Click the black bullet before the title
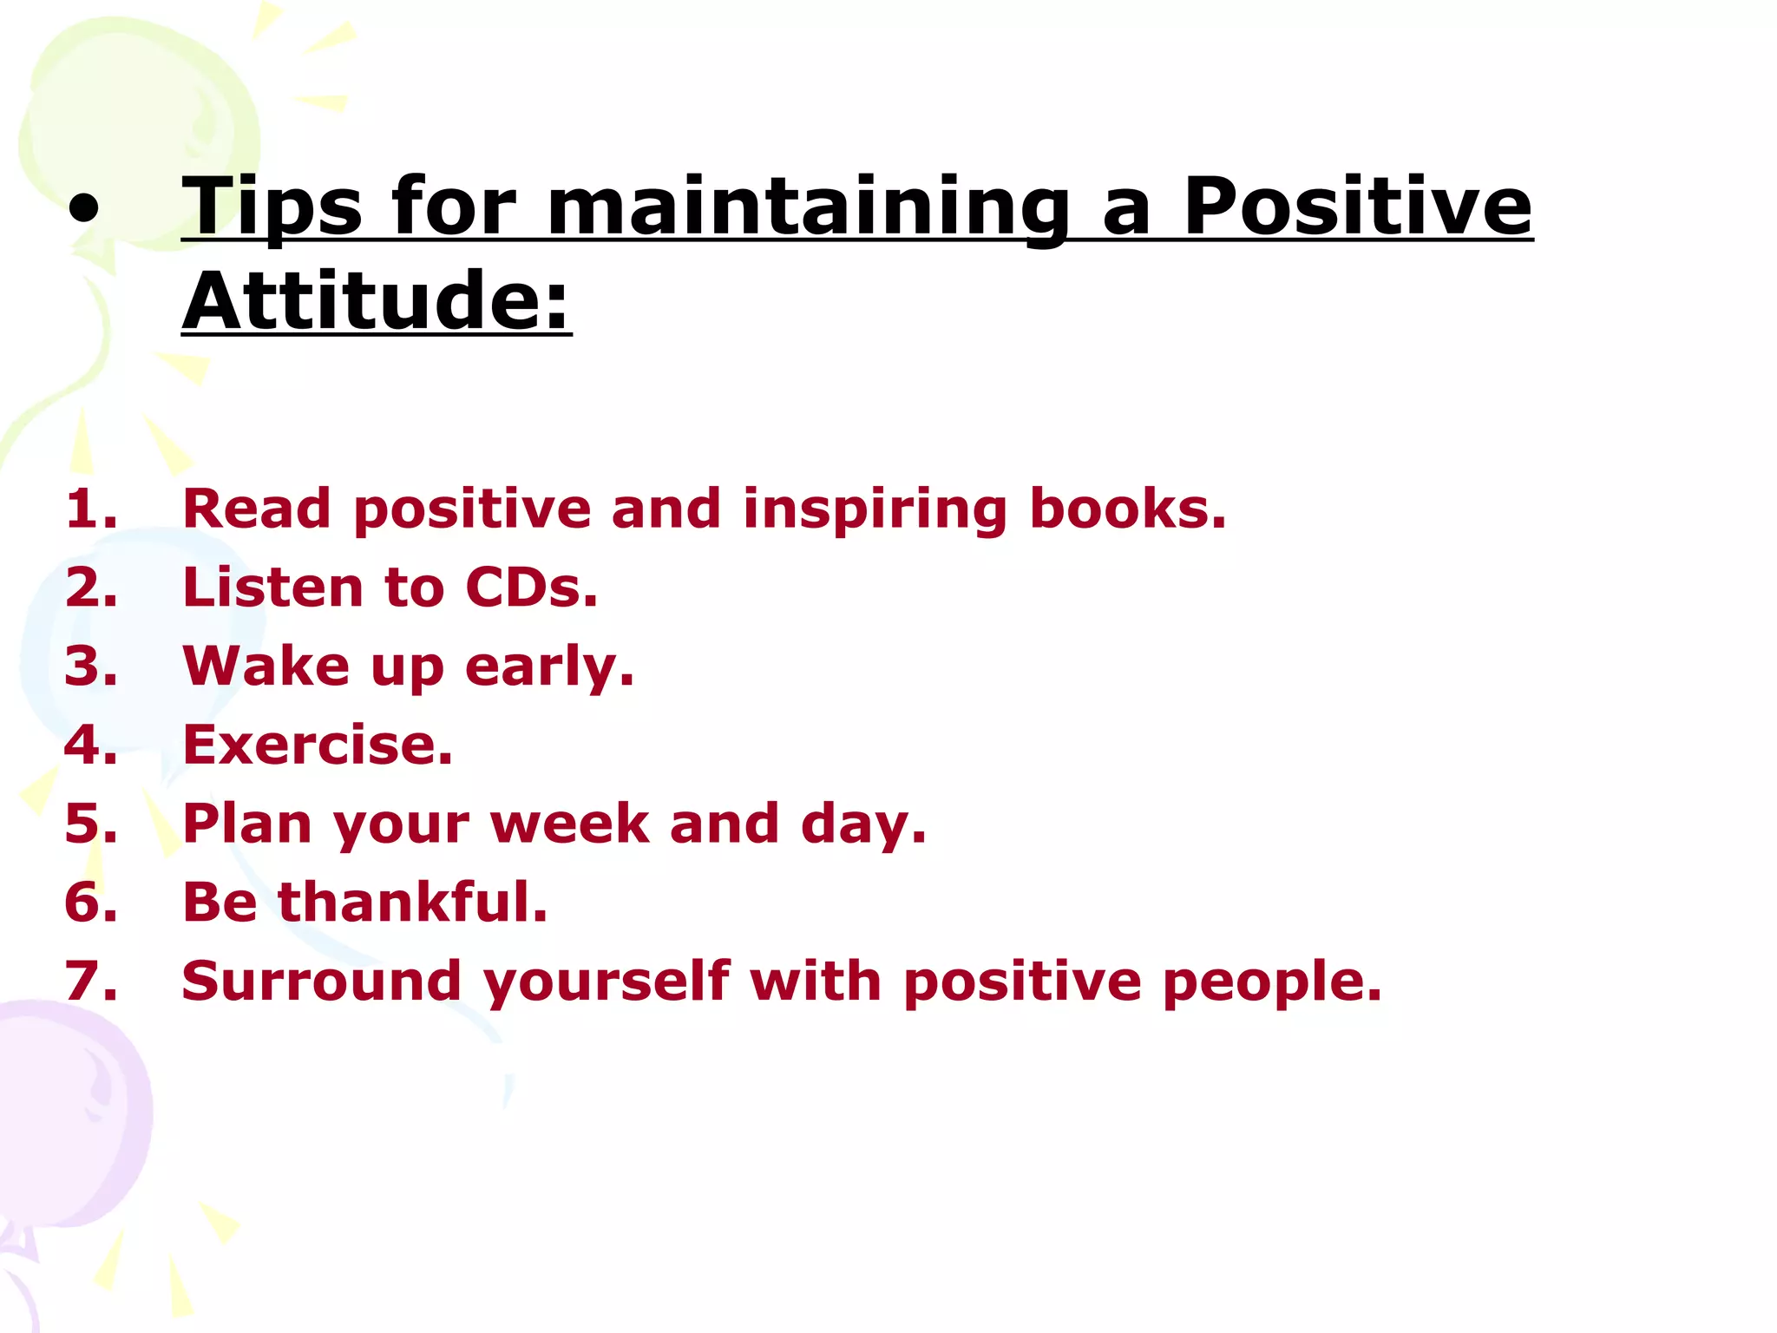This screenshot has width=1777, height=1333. coord(84,211)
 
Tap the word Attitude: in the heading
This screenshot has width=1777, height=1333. coord(377,301)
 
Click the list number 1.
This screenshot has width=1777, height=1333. coord(90,509)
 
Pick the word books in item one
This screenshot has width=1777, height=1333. coord(1126,509)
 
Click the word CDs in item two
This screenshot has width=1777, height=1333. coord(530,588)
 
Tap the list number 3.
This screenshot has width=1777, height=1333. coord(90,666)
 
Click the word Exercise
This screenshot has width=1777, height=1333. coord(318,745)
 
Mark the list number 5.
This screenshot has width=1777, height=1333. coord(90,824)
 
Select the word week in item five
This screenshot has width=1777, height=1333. coord(570,824)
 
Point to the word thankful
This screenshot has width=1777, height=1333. coord(412,902)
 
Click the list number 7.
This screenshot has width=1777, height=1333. coord(90,982)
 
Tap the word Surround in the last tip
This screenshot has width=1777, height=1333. coord(321,982)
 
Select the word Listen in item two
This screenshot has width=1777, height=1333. coord(271,588)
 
